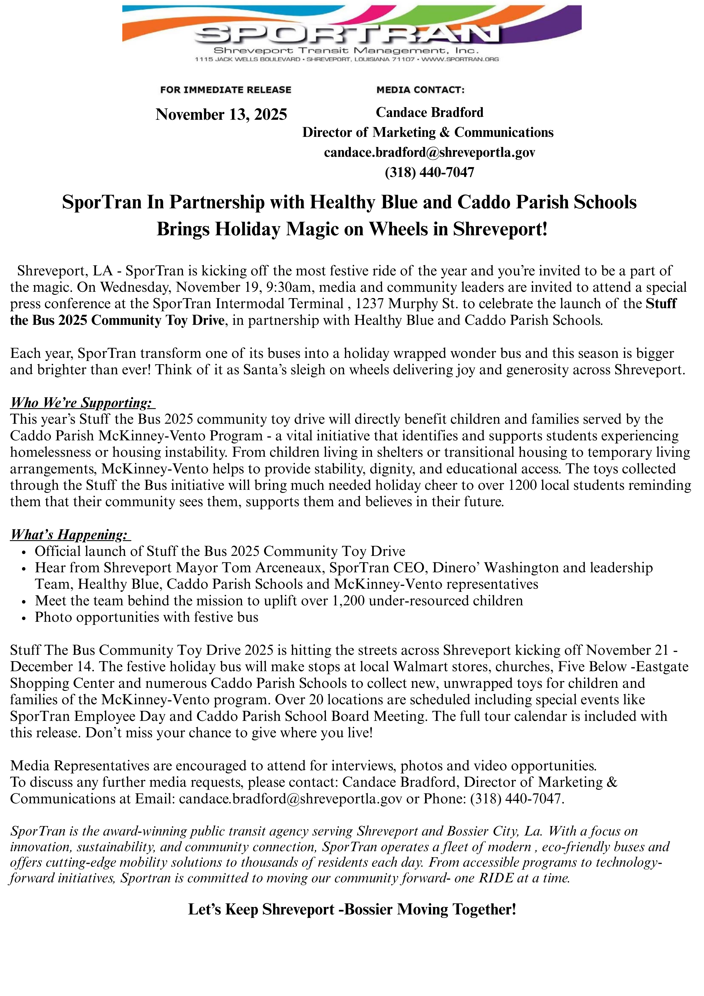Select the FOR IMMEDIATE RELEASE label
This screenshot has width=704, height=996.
click(x=226, y=90)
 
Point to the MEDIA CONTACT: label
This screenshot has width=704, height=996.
click(x=420, y=90)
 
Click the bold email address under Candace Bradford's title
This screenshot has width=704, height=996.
click(x=429, y=152)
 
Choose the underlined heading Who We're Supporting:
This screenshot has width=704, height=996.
click(x=82, y=403)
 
